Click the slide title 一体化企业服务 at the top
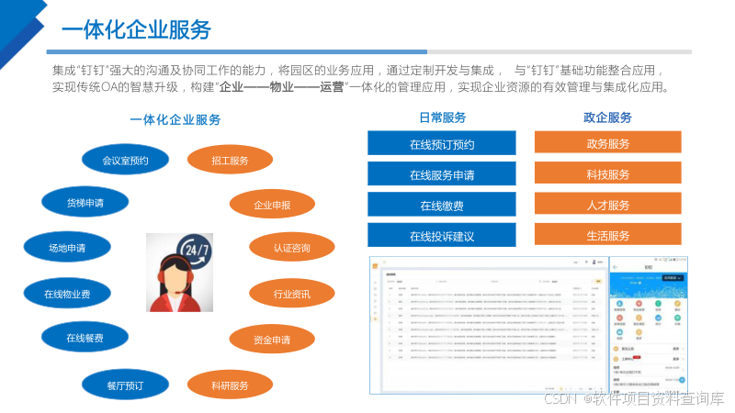click(136, 29)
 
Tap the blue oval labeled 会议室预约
click(125, 161)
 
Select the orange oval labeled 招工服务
click(230, 161)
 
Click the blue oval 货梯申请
click(85, 202)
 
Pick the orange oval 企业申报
click(272, 205)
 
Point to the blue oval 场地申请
click(67, 247)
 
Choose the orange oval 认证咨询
click(292, 248)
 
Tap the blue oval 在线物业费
click(67, 294)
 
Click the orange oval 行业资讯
click(292, 294)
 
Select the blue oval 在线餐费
click(85, 338)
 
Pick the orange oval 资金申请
click(272, 340)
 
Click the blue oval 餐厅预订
click(125, 384)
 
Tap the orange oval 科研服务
click(230, 385)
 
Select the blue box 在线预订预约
click(442, 143)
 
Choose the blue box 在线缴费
click(442, 205)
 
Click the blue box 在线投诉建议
click(442, 236)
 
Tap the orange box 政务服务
click(607, 143)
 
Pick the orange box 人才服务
click(607, 205)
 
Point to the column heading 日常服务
click(442, 117)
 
